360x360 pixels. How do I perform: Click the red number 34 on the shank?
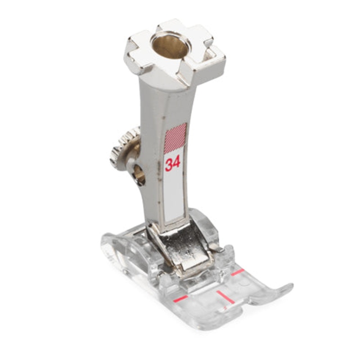(173, 164)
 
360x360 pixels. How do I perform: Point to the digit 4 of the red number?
(177, 163)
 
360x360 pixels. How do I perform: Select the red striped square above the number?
(175, 138)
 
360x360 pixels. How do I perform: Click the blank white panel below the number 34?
(174, 198)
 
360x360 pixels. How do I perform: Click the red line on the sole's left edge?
(181, 298)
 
